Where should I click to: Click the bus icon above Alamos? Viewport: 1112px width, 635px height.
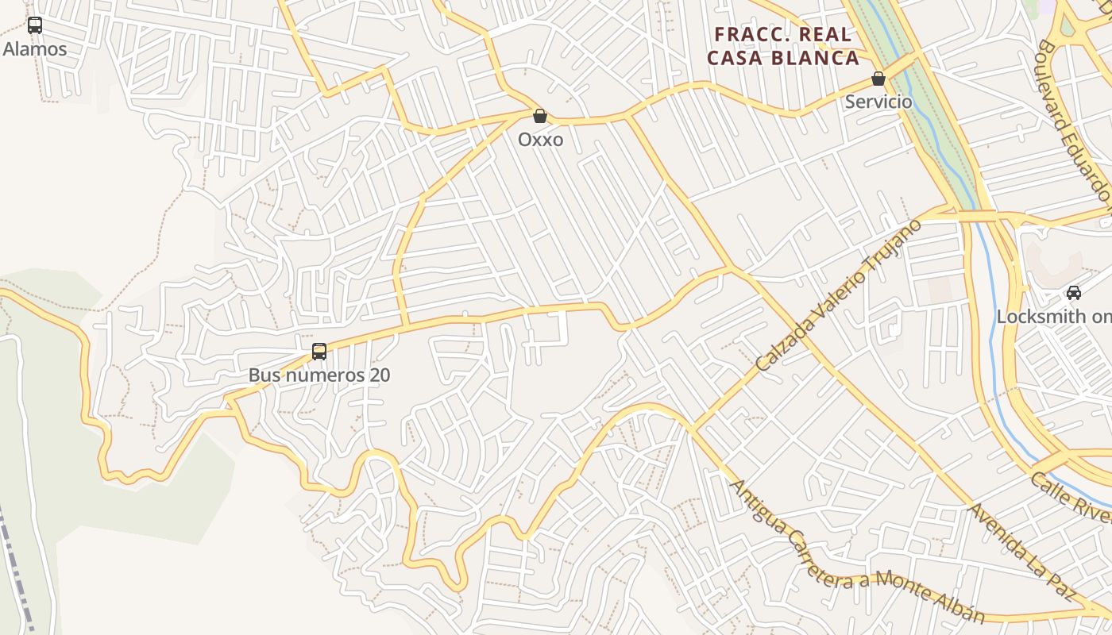pyautogui.click(x=35, y=25)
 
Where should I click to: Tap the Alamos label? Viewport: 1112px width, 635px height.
pyautogui.click(x=35, y=49)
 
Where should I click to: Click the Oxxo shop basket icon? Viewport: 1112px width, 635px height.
pyautogui.click(x=540, y=117)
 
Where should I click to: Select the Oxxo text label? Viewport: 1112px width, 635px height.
pyautogui.click(x=540, y=140)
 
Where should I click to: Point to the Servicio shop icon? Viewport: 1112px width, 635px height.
pyautogui.click(x=878, y=79)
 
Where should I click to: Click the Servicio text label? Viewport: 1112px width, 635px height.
pyautogui.click(x=878, y=102)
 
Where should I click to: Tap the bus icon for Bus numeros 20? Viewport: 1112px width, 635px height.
pyautogui.click(x=319, y=351)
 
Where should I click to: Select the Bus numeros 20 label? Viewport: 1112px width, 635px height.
pyautogui.click(x=319, y=375)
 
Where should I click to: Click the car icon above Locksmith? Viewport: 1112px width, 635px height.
pyautogui.click(x=1074, y=292)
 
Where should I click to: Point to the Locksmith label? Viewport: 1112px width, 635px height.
pyautogui.click(x=1053, y=316)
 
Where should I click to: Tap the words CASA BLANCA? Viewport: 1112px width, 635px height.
pyautogui.click(x=783, y=58)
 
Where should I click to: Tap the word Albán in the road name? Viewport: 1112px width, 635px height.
pyautogui.click(x=957, y=606)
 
